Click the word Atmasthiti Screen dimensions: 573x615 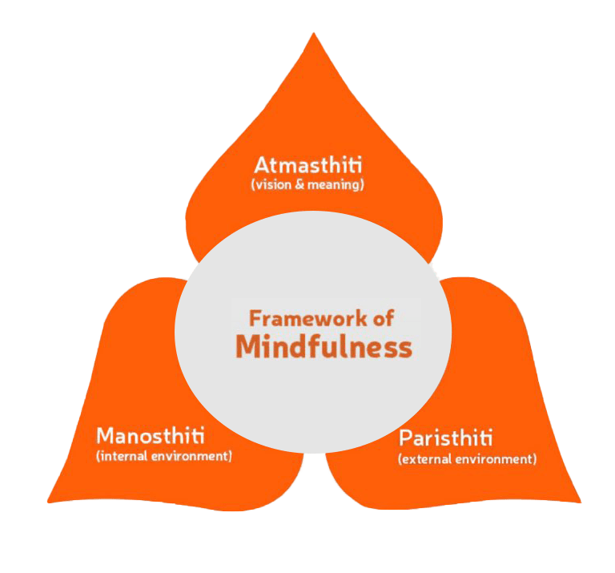pos(308,166)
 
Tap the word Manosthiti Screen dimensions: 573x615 pos(150,436)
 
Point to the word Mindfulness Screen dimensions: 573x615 pos(324,347)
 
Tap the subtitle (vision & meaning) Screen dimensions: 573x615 pos(308,184)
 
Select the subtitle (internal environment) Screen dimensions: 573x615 pos(163,456)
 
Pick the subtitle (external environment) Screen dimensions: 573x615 pos(467,459)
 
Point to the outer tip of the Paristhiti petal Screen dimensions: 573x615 pos(578,501)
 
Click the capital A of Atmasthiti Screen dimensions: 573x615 pos(261,166)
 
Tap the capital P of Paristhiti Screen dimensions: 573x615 pos(405,438)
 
